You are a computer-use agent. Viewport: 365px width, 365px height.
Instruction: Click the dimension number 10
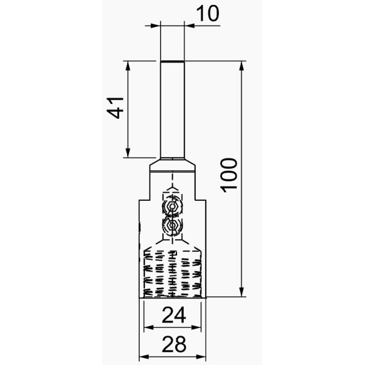(207, 13)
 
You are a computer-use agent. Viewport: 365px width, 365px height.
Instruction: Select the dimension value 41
(115, 108)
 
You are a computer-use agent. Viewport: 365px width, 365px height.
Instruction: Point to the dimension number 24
(174, 315)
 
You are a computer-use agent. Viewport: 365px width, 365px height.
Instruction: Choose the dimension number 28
(174, 344)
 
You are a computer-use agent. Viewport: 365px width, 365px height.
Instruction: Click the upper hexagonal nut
(172, 206)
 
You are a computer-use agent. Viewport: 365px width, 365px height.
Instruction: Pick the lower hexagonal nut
(172, 225)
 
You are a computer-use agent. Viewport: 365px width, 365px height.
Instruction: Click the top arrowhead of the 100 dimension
(242, 66)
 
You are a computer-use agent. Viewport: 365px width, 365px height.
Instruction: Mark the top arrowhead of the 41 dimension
(128, 66)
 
